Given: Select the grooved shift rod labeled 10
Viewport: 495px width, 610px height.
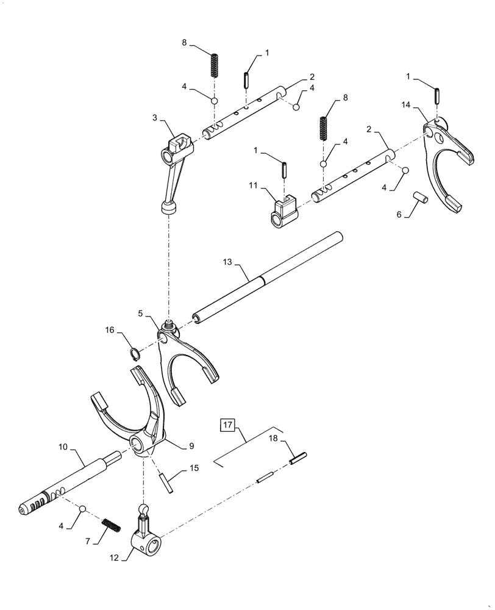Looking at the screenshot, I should click(x=67, y=485).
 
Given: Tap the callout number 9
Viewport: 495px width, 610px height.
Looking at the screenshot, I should click(x=191, y=447).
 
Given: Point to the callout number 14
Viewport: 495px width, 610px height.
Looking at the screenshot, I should click(x=407, y=105).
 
